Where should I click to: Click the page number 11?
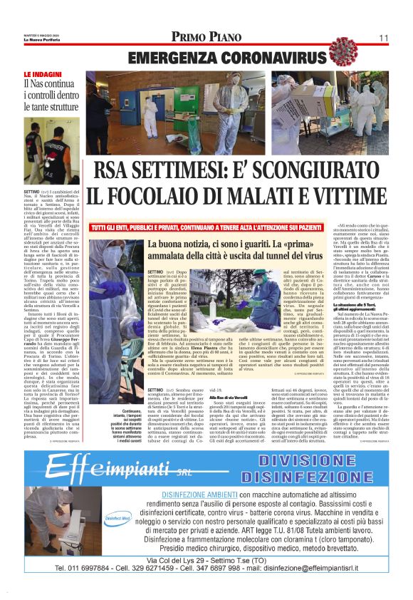click(384, 38)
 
